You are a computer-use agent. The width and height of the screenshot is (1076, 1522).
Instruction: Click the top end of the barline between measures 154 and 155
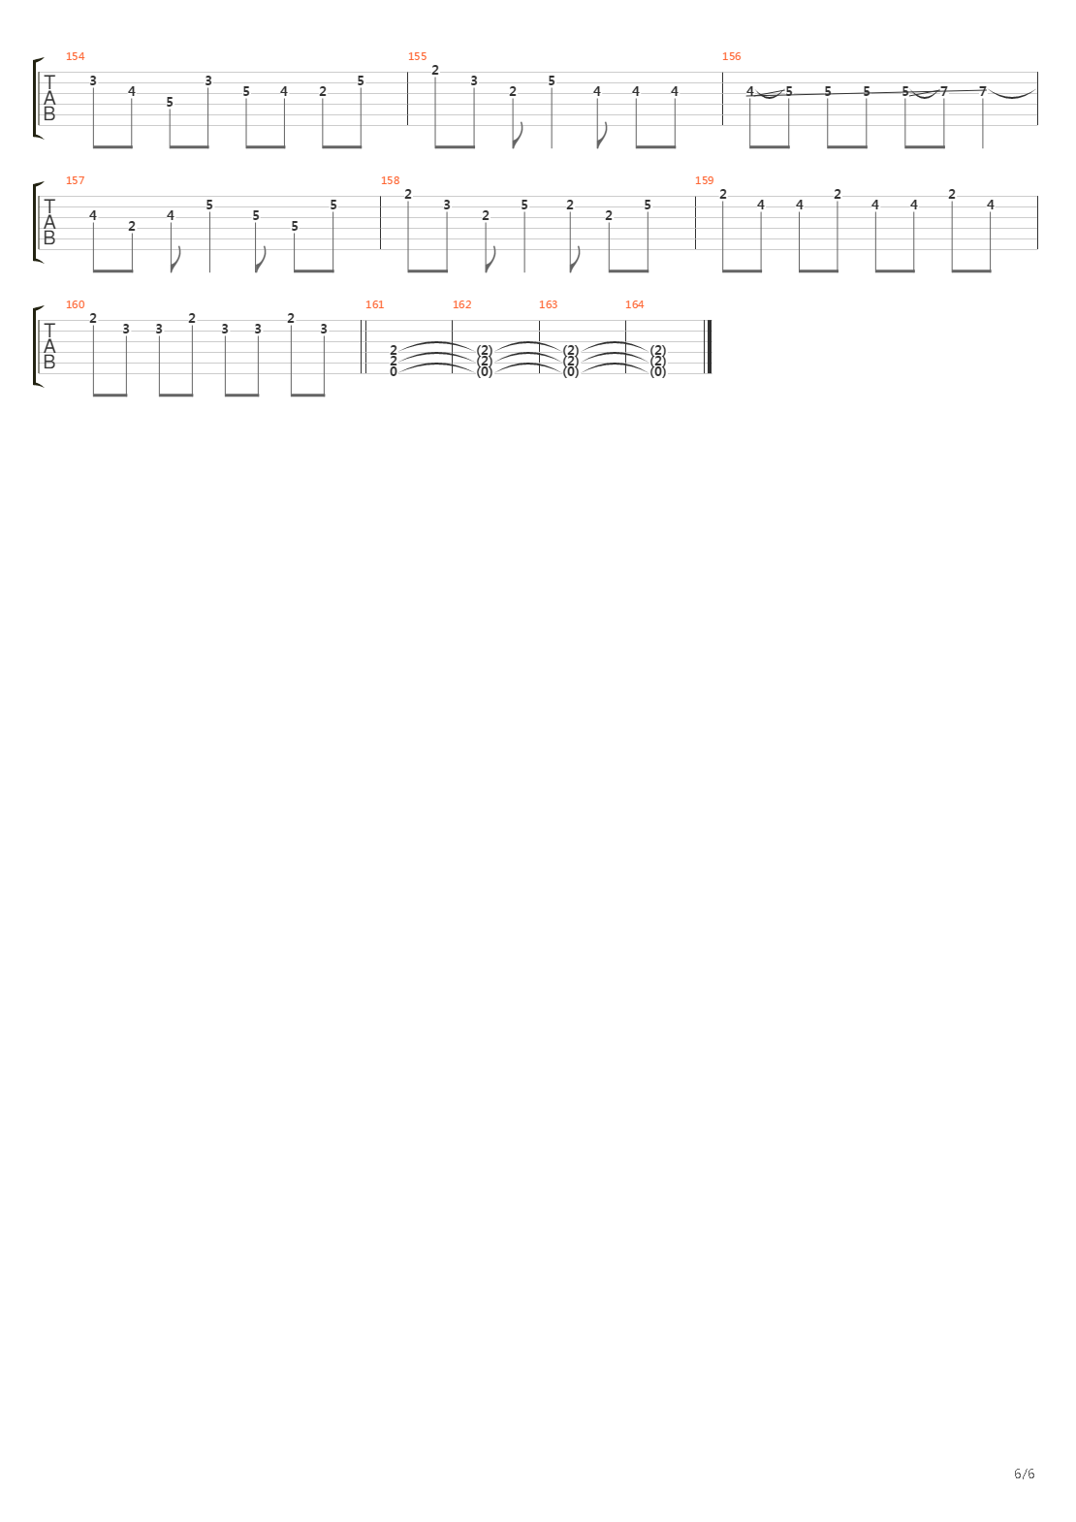pyautogui.click(x=407, y=72)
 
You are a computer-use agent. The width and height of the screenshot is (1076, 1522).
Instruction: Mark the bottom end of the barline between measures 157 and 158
pyautogui.click(x=380, y=249)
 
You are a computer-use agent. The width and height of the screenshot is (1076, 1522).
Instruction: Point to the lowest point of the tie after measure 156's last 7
pyautogui.click(x=1012, y=97)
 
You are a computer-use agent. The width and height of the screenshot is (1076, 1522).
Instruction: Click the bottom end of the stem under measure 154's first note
pyautogui.click(x=93, y=146)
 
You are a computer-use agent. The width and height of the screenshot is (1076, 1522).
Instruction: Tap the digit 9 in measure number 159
pyautogui.click(x=711, y=180)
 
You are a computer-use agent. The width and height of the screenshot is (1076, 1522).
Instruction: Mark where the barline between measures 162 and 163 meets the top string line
pyautogui.click(x=539, y=321)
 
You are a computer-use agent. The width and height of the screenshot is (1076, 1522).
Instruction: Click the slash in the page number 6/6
pyautogui.click(x=1025, y=1474)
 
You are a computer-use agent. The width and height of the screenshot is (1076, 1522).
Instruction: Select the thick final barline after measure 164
pyautogui.click(x=710, y=346)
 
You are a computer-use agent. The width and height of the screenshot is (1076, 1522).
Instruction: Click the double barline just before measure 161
pyautogui.click(x=364, y=346)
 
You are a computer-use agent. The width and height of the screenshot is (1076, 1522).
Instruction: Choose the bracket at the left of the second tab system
pyautogui.click(x=37, y=222)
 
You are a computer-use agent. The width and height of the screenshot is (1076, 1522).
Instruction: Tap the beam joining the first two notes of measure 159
pyautogui.click(x=742, y=270)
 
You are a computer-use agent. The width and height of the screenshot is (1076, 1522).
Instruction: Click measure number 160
pyautogui.click(x=76, y=304)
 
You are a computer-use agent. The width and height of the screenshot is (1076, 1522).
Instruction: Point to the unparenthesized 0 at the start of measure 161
pyautogui.click(x=394, y=371)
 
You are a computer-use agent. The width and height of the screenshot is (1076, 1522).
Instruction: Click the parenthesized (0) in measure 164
pyautogui.click(x=657, y=372)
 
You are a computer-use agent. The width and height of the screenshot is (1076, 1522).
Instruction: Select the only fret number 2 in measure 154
pyautogui.click(x=323, y=91)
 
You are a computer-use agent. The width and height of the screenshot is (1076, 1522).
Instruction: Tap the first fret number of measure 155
pyautogui.click(x=435, y=70)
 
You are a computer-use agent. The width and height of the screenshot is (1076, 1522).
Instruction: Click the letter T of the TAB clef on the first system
pyautogui.click(x=48, y=82)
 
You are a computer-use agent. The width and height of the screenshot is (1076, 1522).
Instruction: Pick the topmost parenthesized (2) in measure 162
pyautogui.click(x=485, y=351)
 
